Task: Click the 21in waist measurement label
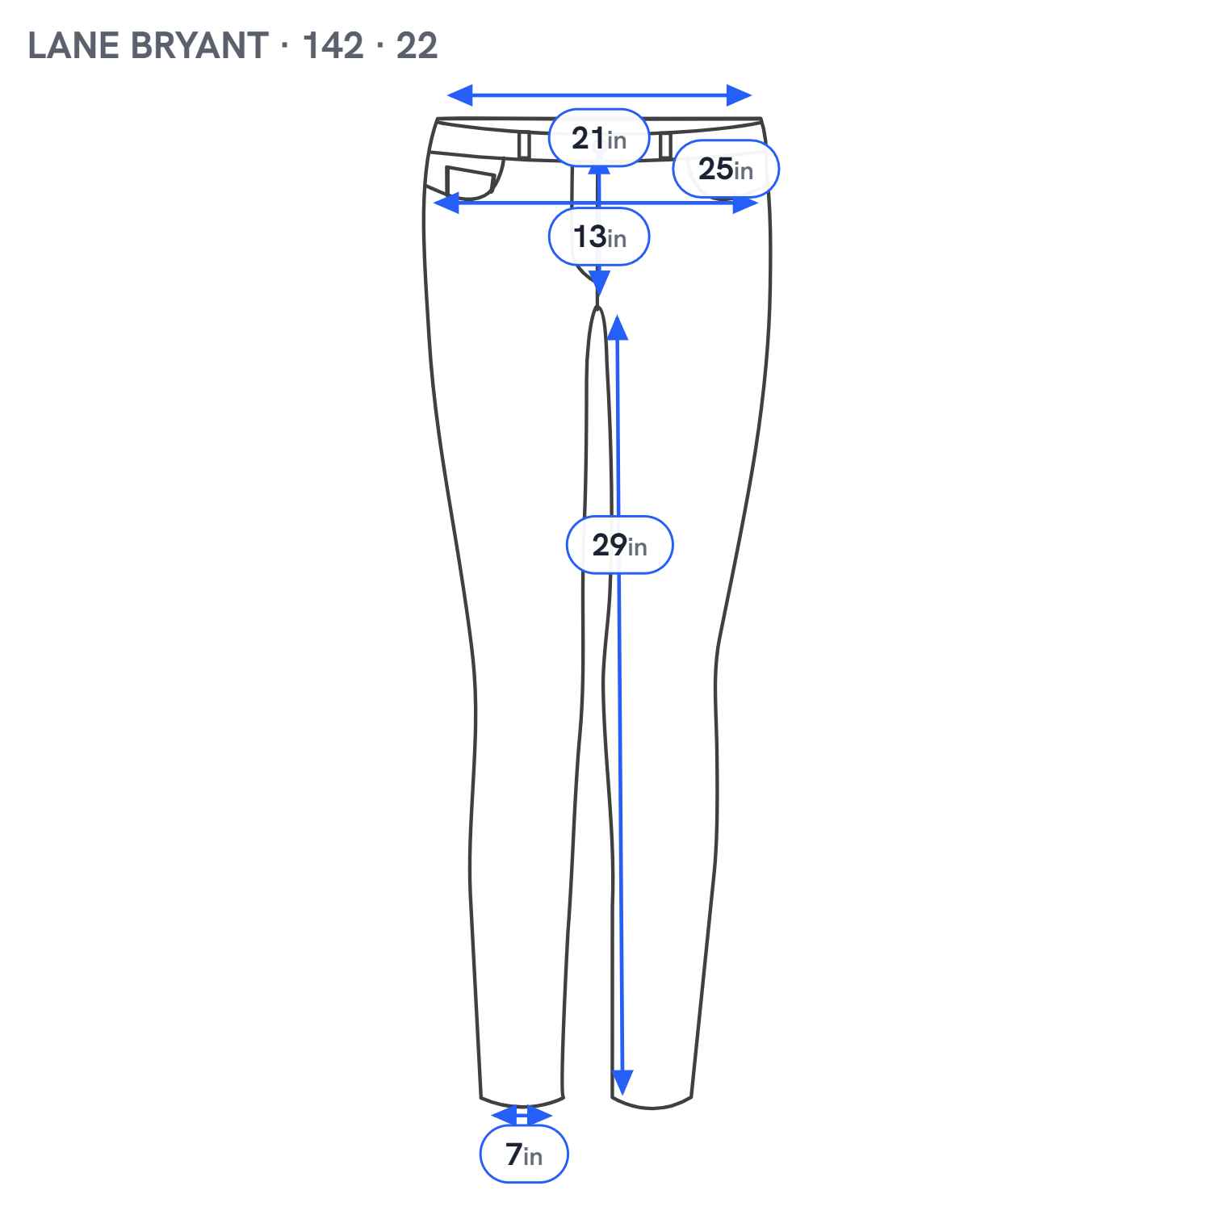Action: click(x=599, y=138)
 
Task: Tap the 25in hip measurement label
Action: click(x=726, y=169)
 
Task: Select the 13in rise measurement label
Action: click(x=599, y=237)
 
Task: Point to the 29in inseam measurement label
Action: click(x=619, y=545)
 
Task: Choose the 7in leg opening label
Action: click(x=524, y=1154)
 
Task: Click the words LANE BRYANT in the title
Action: click(x=148, y=46)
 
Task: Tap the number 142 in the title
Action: click(x=333, y=46)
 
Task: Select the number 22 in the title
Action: click(x=417, y=46)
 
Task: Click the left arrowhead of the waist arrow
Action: click(x=460, y=95)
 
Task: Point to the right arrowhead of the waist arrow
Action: click(x=739, y=95)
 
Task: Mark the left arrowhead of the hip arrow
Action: click(x=446, y=203)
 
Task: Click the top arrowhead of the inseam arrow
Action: click(x=618, y=328)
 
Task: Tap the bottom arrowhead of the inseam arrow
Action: click(x=622, y=1083)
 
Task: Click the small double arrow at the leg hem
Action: click(x=522, y=1116)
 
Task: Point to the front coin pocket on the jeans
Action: click(x=471, y=183)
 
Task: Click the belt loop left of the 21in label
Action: click(x=524, y=145)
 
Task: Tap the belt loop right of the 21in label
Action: click(x=665, y=145)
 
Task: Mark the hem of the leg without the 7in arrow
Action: click(x=652, y=1102)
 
